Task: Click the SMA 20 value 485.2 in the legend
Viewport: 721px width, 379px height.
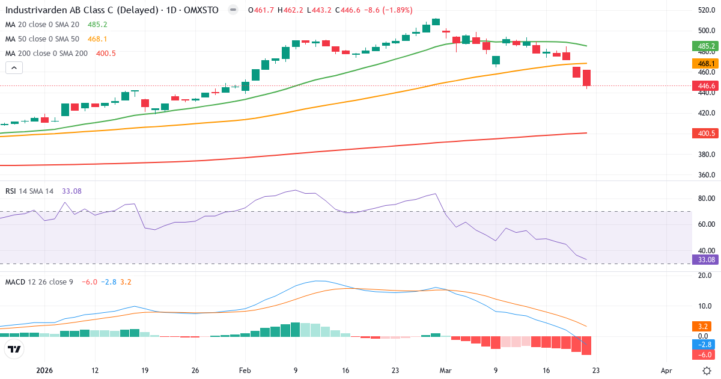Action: pos(97,25)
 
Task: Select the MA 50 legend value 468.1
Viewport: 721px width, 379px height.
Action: pos(97,39)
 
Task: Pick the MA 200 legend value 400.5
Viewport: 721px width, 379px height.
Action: pos(106,54)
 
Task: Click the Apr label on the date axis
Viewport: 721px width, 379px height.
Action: pos(666,371)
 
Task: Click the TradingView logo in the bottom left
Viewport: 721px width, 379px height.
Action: pos(14,349)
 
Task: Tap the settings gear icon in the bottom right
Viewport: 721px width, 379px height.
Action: pos(708,371)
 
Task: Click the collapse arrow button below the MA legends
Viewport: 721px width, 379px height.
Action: pos(14,68)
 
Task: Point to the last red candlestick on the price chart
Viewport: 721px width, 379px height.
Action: pos(586,78)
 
